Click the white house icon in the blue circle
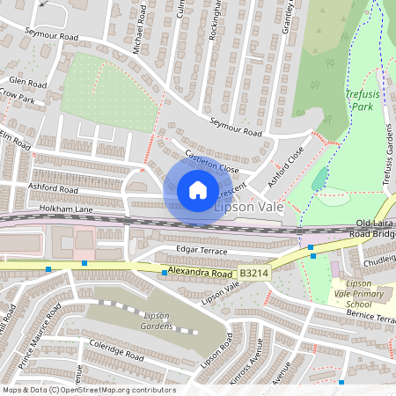[x=198, y=189]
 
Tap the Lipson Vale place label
[x=249, y=204]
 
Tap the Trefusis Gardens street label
[x=385, y=154]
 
